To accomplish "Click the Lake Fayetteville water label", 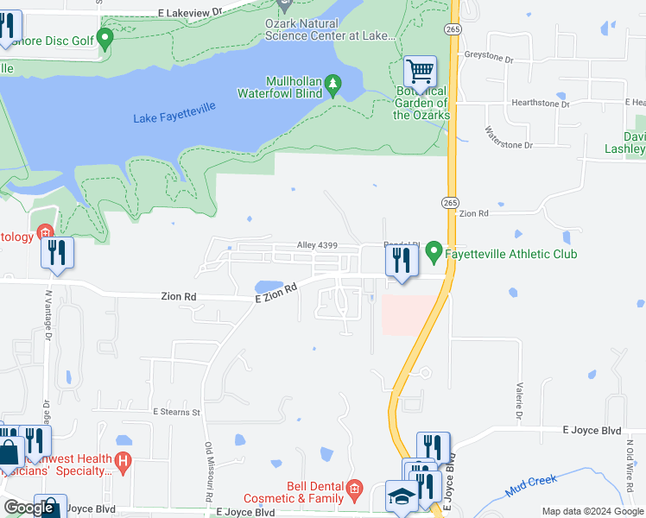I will tap(174, 112).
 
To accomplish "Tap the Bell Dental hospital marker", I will tap(353, 492).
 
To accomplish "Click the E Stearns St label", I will tap(176, 413).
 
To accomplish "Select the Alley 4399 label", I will tap(316, 246).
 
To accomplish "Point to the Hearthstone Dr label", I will tap(541, 104).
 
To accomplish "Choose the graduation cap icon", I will tap(401, 499).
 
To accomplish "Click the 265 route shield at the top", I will tap(453, 28).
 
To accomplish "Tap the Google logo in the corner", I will tap(29, 508).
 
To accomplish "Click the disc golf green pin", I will tap(104, 38).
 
